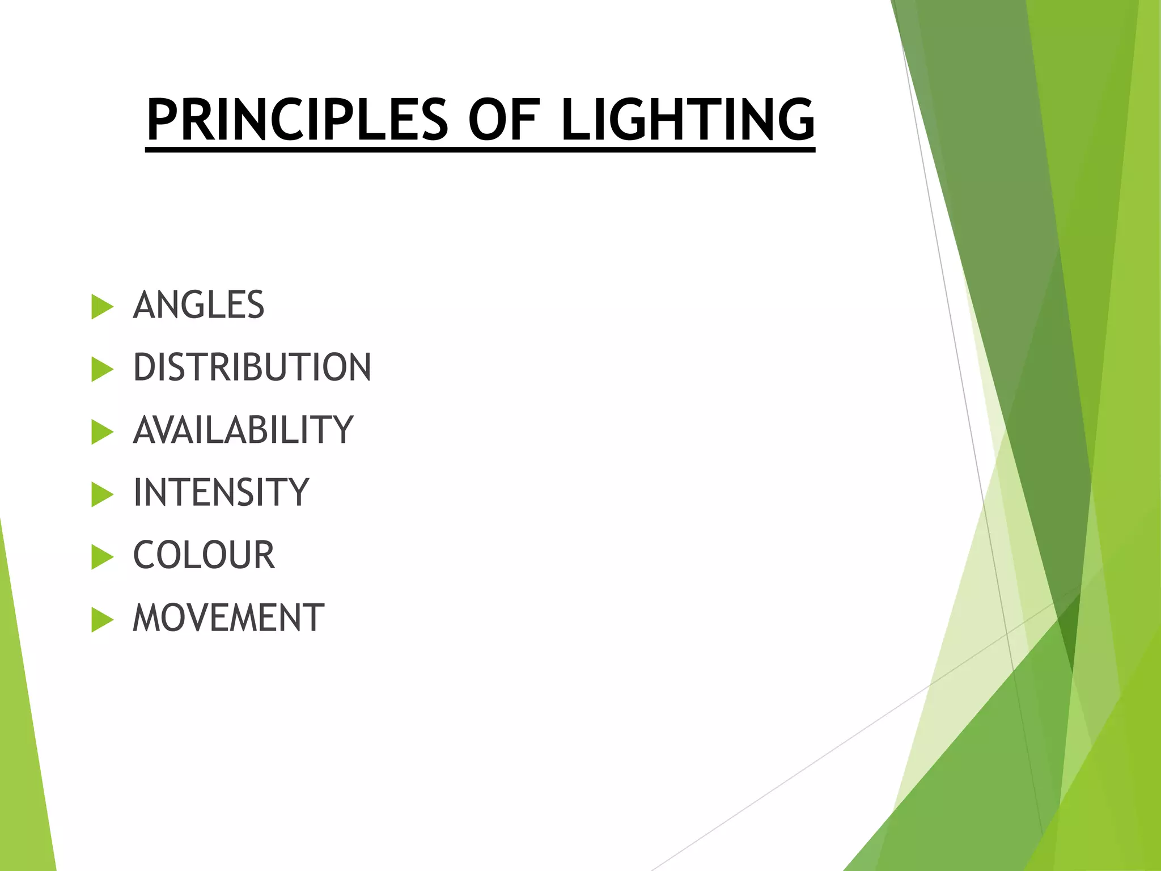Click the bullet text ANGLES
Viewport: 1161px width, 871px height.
pos(198,305)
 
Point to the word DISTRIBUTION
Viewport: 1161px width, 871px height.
pos(252,367)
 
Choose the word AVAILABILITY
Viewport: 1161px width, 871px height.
pos(243,430)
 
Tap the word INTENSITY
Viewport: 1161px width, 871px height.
pos(221,492)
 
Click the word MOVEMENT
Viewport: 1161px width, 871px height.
pos(228,618)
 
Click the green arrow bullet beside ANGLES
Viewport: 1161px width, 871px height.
pos(101,307)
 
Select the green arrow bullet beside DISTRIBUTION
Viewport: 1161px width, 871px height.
pos(101,370)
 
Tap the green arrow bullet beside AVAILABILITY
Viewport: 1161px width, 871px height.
pos(101,432)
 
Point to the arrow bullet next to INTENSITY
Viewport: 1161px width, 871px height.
pos(101,494)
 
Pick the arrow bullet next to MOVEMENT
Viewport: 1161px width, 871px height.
pos(101,620)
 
